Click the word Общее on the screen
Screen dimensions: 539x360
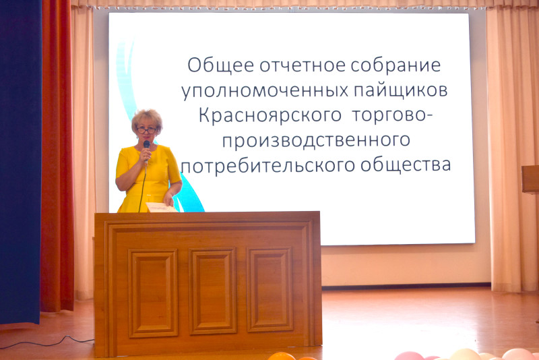(x=221, y=65)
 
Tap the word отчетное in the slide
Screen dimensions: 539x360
(x=303, y=65)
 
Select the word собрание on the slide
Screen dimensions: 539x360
(x=395, y=65)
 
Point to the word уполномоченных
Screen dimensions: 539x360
(x=265, y=91)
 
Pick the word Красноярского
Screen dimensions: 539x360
(x=270, y=116)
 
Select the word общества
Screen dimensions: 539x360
(x=406, y=165)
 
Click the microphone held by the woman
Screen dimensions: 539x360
(x=146, y=148)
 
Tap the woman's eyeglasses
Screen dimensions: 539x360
(x=147, y=130)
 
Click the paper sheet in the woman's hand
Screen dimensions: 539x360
(x=162, y=207)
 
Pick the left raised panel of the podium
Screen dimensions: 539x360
(x=153, y=293)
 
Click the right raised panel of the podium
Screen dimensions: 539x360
(x=270, y=289)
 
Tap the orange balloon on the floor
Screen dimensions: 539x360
(x=282, y=356)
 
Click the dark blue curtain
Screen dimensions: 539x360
(x=20, y=162)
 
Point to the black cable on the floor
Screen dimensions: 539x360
(x=48, y=343)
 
